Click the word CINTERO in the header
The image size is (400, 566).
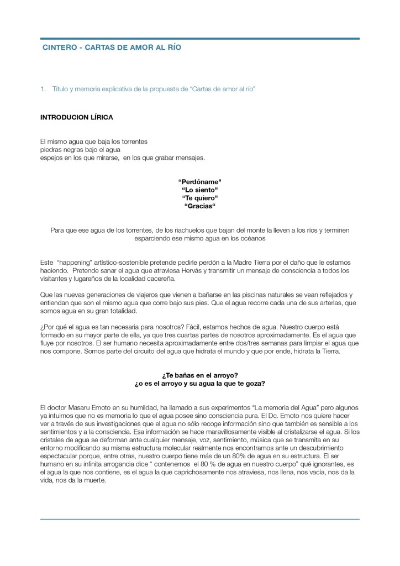(59, 48)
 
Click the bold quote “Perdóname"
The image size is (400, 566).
(199, 181)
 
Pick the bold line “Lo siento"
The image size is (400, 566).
(199, 190)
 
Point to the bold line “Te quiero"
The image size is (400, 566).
(199, 198)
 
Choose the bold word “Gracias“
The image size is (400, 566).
(199, 206)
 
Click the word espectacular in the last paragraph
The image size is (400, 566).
(60, 457)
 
